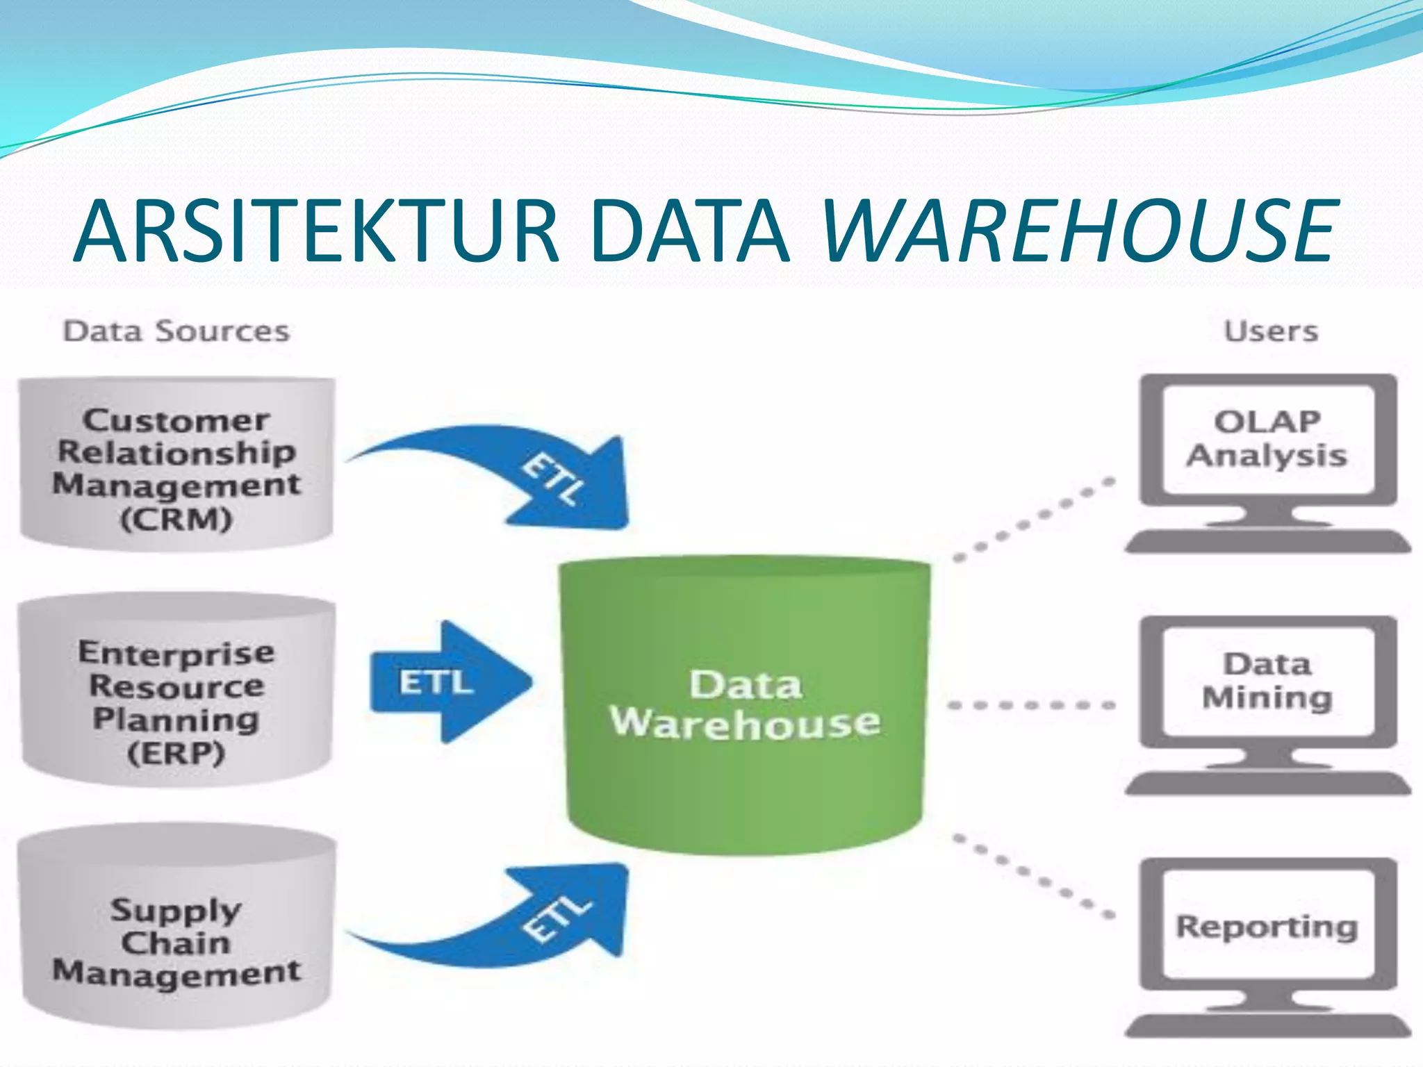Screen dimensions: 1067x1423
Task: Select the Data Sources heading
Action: click(x=176, y=331)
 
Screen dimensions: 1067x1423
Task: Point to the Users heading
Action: click(x=1270, y=331)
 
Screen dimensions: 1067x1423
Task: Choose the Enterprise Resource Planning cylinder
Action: click(x=176, y=691)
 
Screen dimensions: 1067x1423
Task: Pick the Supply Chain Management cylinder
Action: click(x=176, y=927)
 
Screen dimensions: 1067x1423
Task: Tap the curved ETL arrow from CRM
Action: click(x=528, y=472)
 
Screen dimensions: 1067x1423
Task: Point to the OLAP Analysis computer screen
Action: click(x=1267, y=440)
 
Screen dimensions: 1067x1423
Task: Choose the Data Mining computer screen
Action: click(x=1267, y=681)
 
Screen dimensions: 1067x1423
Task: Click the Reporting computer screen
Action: click(x=1267, y=926)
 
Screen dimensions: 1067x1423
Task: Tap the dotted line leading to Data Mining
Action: click(x=1032, y=705)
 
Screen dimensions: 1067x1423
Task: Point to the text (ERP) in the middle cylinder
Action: click(x=176, y=753)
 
